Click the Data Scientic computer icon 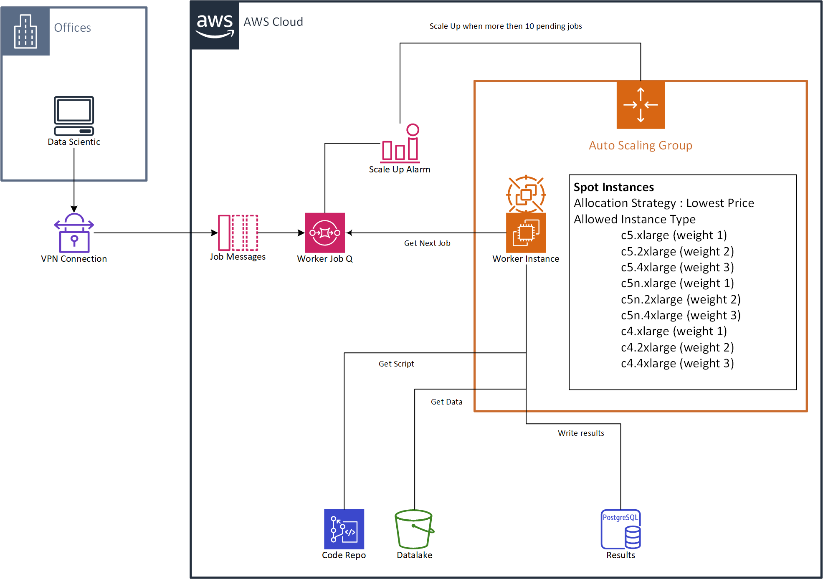74,116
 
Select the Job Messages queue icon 238,233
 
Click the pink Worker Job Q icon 325,233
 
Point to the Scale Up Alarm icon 400,144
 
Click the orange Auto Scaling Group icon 641,105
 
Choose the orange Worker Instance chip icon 526,233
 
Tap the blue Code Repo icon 344,529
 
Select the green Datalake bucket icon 414,529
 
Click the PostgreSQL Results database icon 620,529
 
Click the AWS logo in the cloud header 215,25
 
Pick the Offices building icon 25,31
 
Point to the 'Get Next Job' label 427,243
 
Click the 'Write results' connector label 581,433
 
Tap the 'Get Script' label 396,364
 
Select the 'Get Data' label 446,402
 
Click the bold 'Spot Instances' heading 613,187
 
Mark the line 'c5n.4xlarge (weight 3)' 681,316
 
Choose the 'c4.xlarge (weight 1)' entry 674,331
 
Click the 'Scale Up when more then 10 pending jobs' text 506,26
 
